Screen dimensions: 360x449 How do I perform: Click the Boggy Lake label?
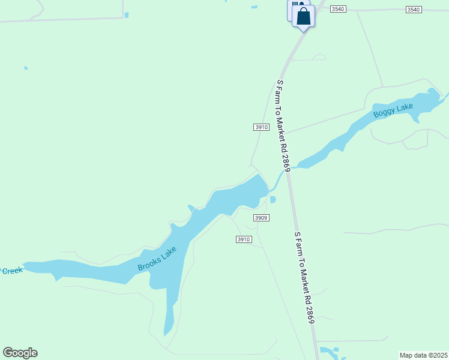coord(393,110)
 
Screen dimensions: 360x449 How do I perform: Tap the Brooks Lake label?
coord(157,259)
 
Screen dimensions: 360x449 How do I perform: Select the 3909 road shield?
coord(261,218)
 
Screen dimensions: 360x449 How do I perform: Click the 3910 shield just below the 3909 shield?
coord(243,239)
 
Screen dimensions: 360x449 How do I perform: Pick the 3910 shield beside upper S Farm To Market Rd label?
coord(261,127)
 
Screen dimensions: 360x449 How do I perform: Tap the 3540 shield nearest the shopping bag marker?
coord(338,10)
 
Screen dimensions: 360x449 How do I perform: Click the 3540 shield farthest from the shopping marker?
coord(414,10)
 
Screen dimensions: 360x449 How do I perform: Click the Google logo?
coord(20,353)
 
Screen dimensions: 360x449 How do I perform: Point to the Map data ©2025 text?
coord(424,355)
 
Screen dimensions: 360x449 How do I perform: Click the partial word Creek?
coord(11,271)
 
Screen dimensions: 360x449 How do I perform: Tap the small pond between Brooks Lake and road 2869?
coord(273,200)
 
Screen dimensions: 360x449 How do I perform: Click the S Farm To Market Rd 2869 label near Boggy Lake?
coord(283,126)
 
